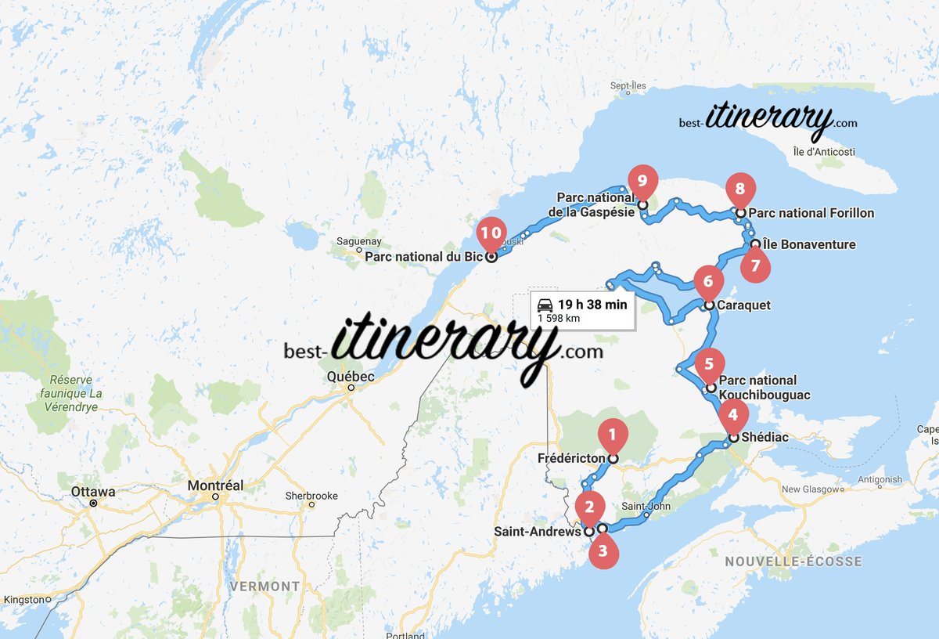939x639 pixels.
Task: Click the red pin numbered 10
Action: [x=491, y=233]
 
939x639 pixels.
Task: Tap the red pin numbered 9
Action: [x=642, y=181]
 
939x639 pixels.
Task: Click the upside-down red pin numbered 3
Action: [x=603, y=551]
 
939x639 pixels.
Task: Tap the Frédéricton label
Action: [x=571, y=458]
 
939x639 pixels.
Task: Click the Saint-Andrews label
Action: [x=537, y=531]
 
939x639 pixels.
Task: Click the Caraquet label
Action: [x=745, y=305]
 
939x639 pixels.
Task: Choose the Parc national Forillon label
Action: [x=811, y=213]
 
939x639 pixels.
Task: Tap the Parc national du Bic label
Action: [x=423, y=256]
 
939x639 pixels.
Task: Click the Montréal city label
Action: [x=215, y=486]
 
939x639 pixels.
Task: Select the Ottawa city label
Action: [x=93, y=492]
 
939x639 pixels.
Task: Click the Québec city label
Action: [x=351, y=377]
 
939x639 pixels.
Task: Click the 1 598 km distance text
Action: [x=558, y=319]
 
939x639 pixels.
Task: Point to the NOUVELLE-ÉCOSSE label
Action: [x=793, y=561]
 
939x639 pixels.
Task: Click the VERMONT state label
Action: [x=264, y=586]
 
